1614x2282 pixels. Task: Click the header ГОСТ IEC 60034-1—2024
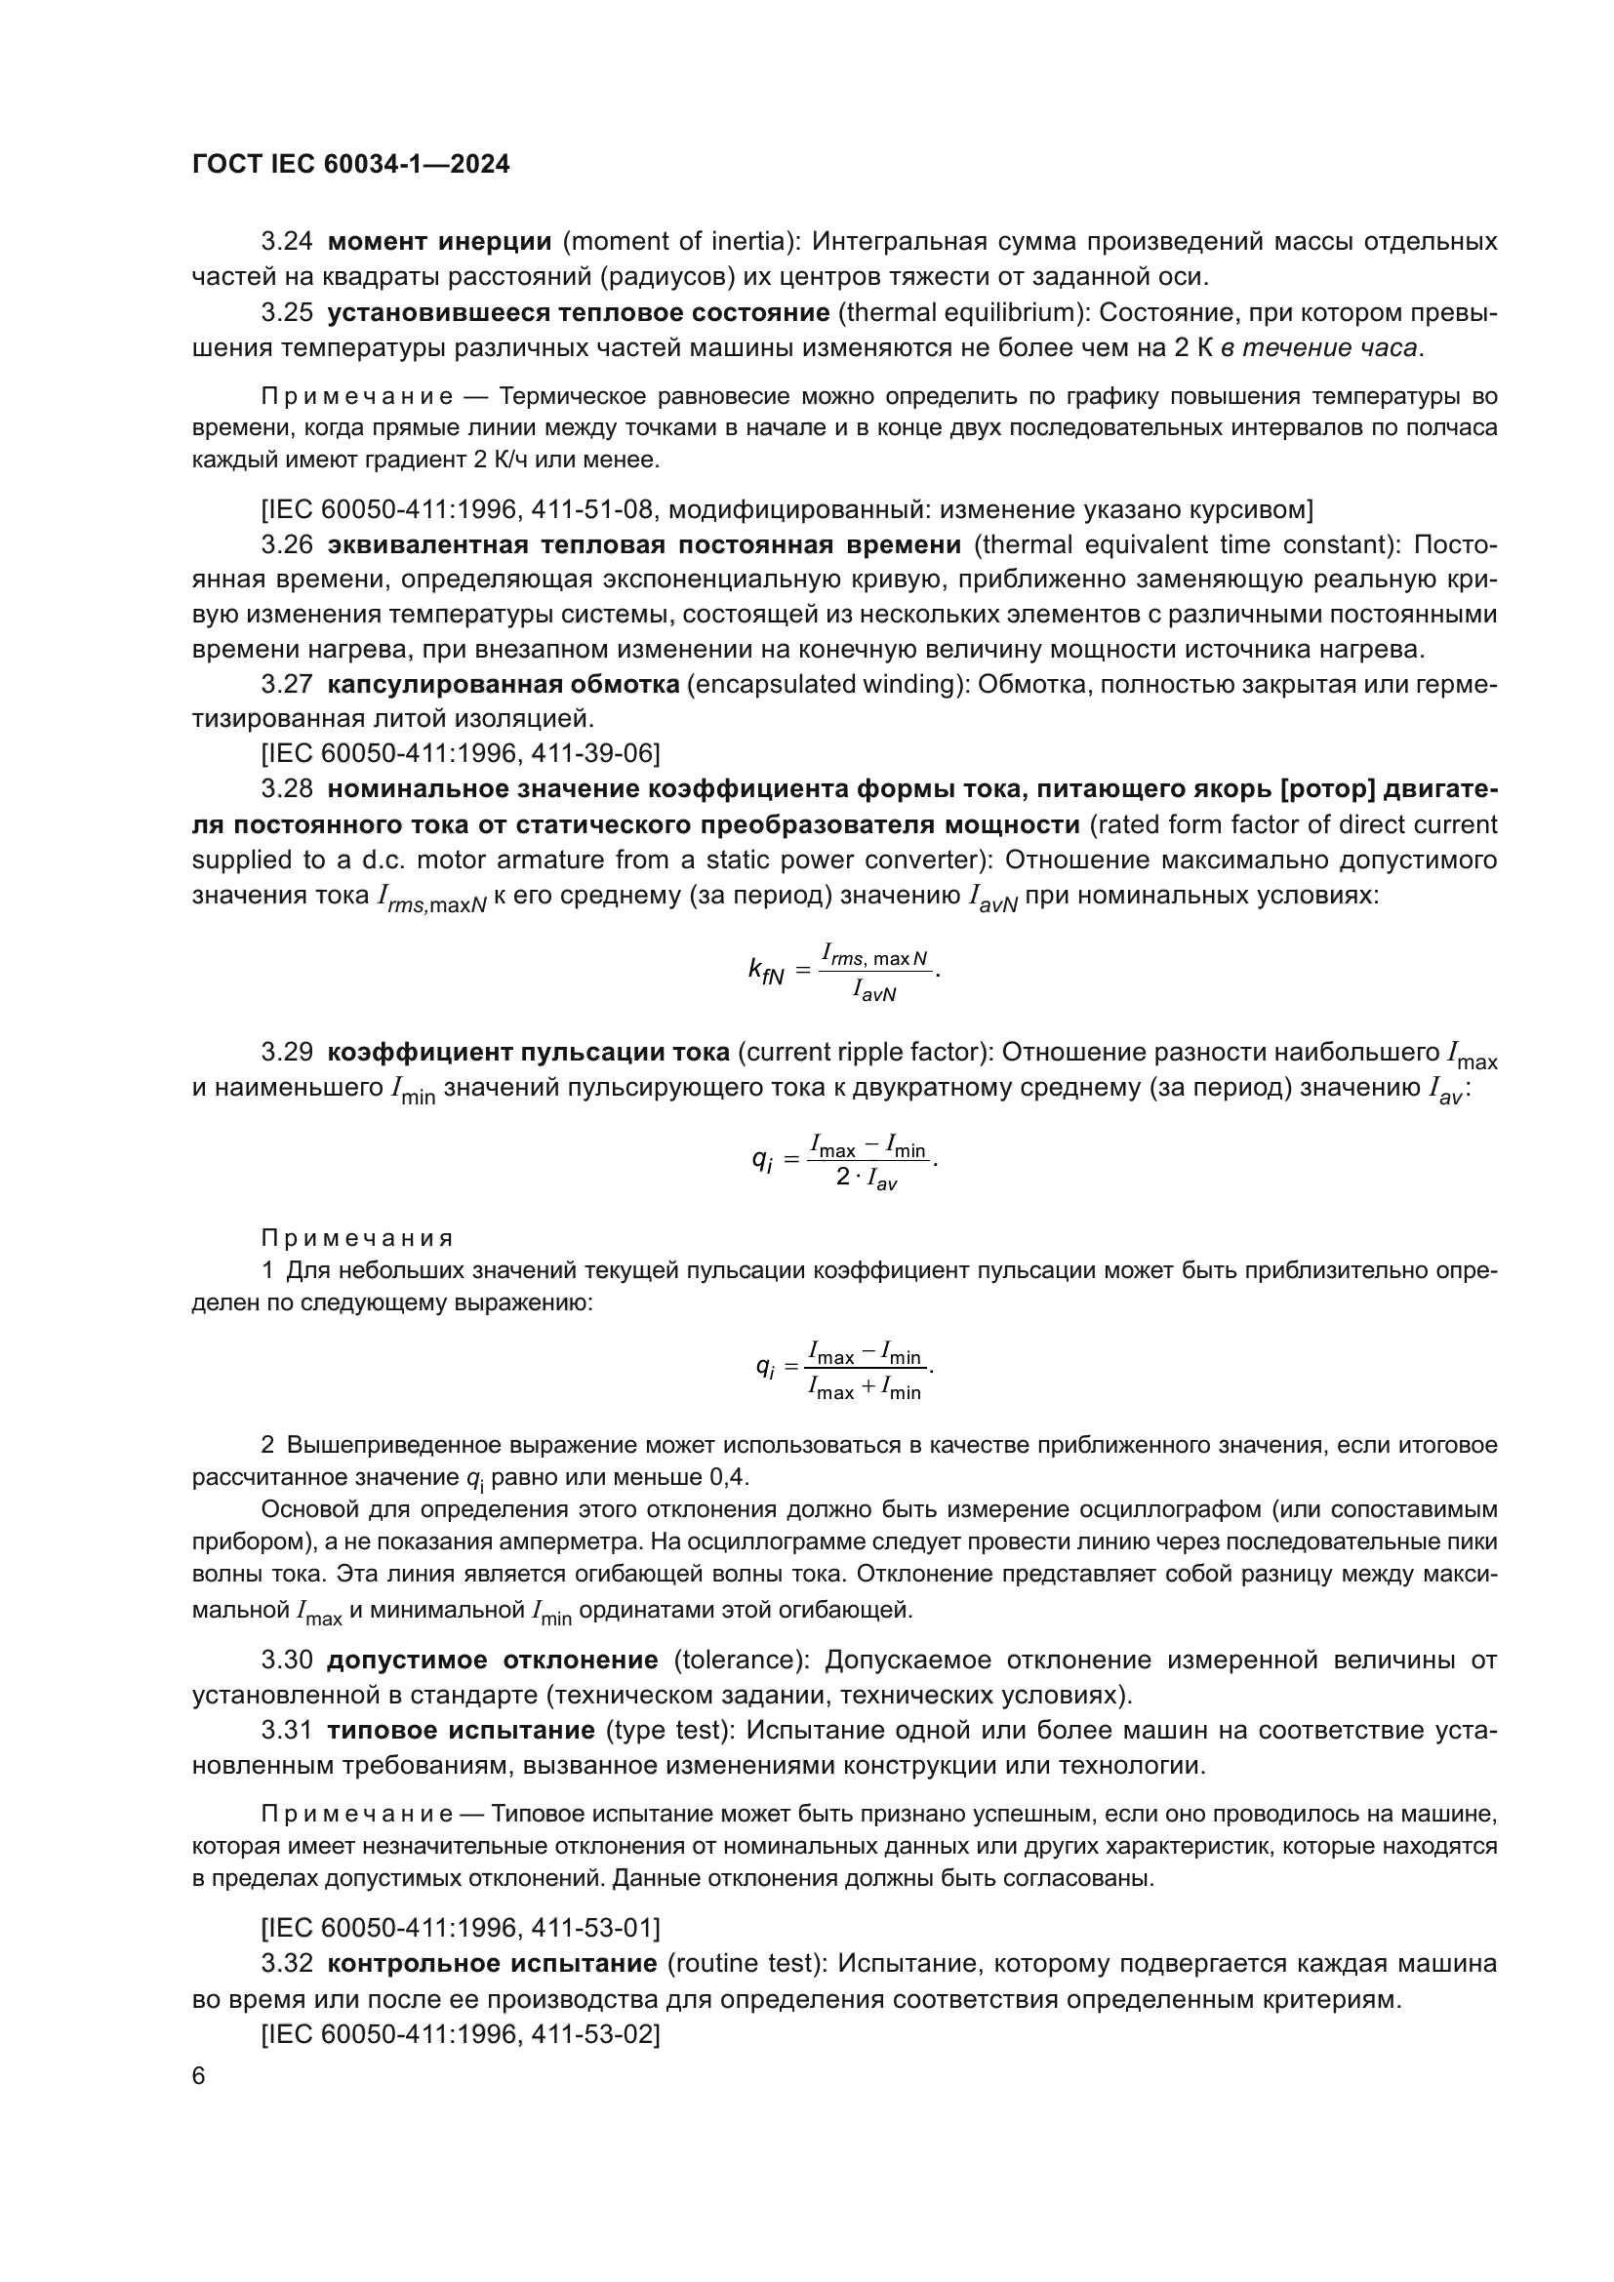[x=350, y=164]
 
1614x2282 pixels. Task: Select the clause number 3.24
[x=286, y=242]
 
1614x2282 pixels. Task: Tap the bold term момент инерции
[x=439, y=242]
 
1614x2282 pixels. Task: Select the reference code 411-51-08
[x=592, y=510]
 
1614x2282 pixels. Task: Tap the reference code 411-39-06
[x=592, y=753]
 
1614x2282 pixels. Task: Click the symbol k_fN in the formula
[x=766, y=969]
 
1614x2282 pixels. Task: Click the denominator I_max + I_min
[x=865, y=1390]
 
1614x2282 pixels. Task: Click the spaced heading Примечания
[x=357, y=1238]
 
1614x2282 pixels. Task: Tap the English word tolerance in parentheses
[x=739, y=1660]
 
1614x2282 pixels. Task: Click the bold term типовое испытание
[x=461, y=1731]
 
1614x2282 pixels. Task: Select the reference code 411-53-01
[x=592, y=1928]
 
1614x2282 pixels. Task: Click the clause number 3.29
[x=286, y=1052]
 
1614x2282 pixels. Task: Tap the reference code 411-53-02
[x=592, y=2034]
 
